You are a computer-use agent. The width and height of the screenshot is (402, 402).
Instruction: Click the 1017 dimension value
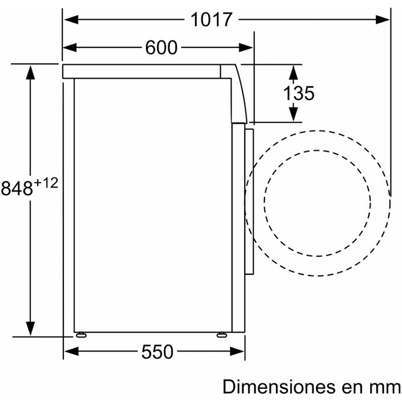pyautogui.click(x=211, y=20)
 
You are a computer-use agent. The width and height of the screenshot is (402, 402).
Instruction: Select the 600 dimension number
pyautogui.click(x=161, y=48)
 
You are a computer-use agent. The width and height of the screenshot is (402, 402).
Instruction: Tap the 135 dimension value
pyautogui.click(x=298, y=93)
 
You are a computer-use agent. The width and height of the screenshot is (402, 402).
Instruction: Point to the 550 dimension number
pyautogui.click(x=157, y=352)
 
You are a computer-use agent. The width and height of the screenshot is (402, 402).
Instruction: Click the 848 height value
pyautogui.click(x=17, y=188)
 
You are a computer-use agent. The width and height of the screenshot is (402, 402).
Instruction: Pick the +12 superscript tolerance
pyautogui.click(x=46, y=183)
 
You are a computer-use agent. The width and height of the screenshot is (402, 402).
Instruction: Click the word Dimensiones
pyautogui.click(x=279, y=386)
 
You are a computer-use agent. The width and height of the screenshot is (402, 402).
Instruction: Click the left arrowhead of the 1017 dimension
pyautogui.click(x=71, y=20)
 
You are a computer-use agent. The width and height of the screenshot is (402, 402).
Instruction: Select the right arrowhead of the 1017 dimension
pyautogui.click(x=382, y=20)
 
